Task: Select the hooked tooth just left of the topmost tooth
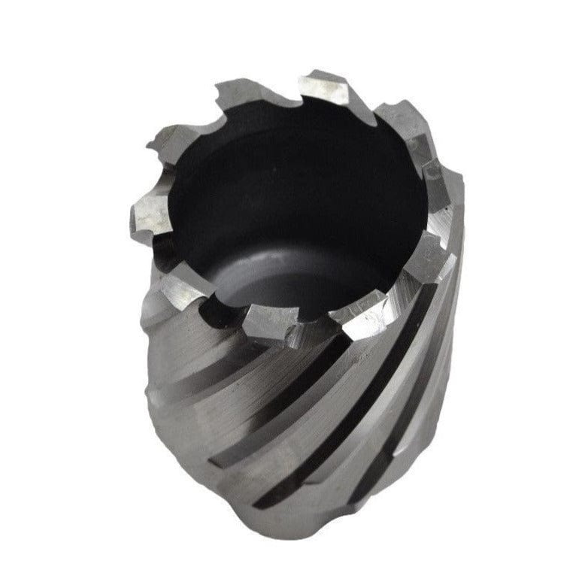(239, 94)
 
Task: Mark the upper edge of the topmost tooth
(323, 75)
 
